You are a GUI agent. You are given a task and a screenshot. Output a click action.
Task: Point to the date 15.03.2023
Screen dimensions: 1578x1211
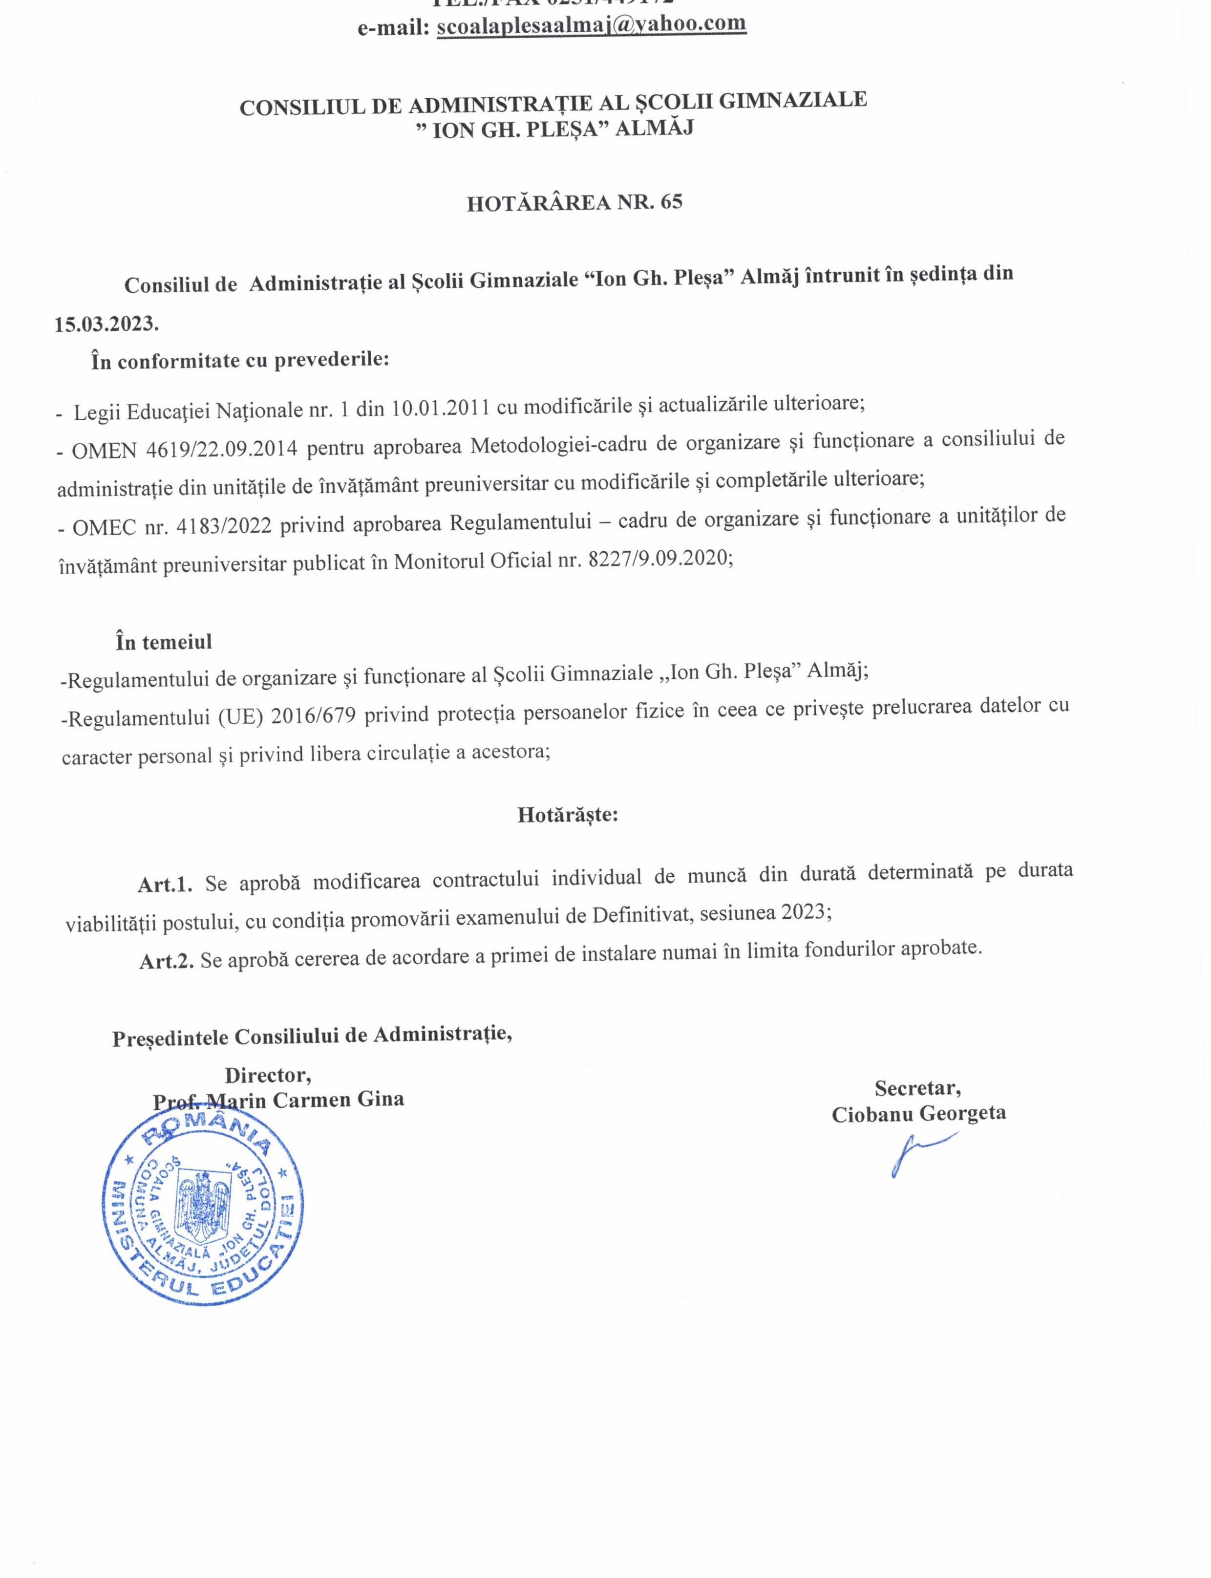pyautogui.click(x=106, y=324)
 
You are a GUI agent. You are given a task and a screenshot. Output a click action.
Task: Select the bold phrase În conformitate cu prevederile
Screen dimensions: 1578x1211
pyautogui.click(x=239, y=360)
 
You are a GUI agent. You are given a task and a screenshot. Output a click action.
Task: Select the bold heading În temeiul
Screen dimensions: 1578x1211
pyautogui.click(x=164, y=642)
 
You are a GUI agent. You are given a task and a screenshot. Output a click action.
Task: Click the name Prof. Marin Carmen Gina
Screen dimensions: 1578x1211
pyautogui.click(x=278, y=1100)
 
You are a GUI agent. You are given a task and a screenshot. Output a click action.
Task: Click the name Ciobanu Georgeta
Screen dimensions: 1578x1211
pyautogui.click(x=919, y=1114)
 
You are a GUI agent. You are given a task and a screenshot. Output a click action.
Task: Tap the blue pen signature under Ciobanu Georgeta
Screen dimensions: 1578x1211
pyautogui.click(x=915, y=1154)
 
